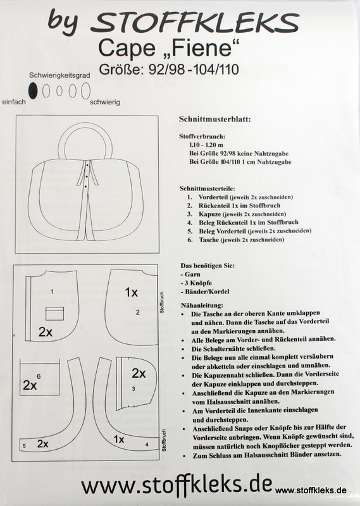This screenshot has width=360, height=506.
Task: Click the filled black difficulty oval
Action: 33,90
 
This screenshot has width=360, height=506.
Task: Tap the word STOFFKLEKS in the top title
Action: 194,23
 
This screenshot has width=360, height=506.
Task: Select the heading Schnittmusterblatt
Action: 215,119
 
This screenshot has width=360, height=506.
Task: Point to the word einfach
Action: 14,102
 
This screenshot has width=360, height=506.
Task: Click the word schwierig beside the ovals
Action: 105,102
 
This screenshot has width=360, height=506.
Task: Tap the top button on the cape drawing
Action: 87,165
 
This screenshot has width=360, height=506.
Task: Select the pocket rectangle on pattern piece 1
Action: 54,313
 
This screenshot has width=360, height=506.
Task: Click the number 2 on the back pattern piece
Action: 137,312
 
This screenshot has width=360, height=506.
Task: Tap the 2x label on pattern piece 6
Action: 29,385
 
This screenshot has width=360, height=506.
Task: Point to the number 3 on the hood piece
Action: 133,389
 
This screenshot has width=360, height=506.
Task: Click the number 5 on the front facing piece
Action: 24,446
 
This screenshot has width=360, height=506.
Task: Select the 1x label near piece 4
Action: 119,439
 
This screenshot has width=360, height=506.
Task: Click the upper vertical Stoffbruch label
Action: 162,302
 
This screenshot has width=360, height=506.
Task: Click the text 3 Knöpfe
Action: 198,283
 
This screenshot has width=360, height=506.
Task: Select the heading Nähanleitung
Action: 202,305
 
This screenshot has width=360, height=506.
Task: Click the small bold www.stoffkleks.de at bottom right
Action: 311,491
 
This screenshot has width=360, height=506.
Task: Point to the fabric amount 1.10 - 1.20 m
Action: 206,145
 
